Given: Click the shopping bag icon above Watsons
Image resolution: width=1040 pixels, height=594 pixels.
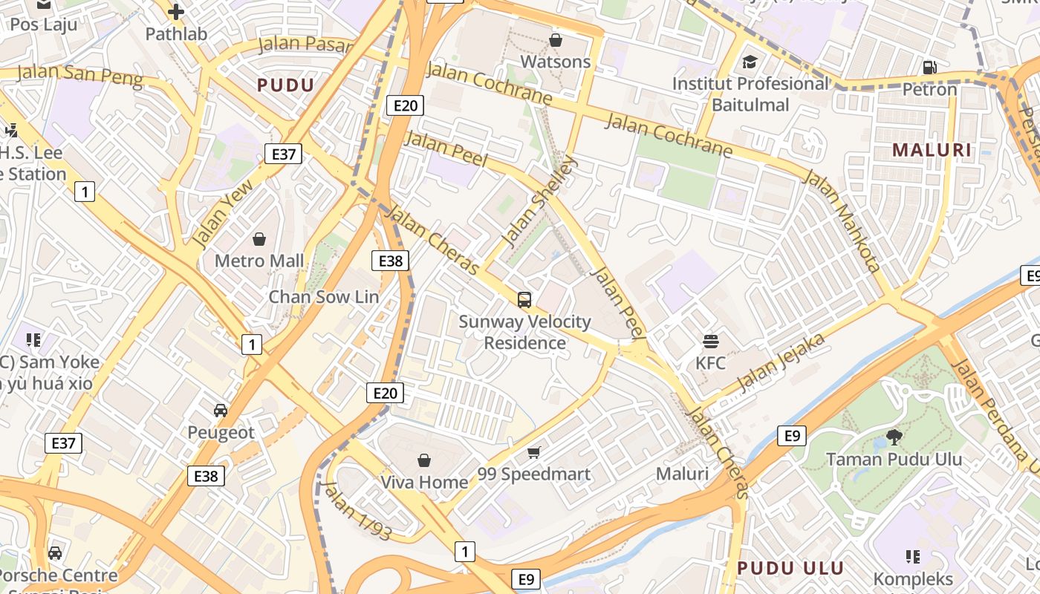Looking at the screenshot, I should (x=555, y=40).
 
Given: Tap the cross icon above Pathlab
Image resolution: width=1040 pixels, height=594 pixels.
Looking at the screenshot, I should (x=176, y=12).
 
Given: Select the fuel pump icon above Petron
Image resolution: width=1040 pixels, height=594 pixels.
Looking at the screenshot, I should (x=929, y=68).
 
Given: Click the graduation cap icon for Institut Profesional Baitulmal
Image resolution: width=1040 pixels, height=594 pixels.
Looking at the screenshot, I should (x=750, y=62).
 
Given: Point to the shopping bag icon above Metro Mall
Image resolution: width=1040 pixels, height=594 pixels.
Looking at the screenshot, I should (x=259, y=239).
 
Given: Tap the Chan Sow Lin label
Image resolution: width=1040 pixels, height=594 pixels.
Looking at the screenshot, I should (x=324, y=297).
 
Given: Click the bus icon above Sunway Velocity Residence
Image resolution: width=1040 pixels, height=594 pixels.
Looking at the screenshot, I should (x=524, y=300).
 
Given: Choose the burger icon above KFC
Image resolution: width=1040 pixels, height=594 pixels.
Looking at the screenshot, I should (x=711, y=342).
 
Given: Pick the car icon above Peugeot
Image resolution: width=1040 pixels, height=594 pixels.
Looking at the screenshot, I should (x=221, y=411).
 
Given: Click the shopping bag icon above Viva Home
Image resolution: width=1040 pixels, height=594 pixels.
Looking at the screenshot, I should (x=424, y=460).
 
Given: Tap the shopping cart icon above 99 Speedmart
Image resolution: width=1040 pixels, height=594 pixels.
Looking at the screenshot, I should (x=533, y=452).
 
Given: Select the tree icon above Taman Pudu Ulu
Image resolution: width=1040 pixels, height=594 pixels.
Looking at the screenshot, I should (x=894, y=437).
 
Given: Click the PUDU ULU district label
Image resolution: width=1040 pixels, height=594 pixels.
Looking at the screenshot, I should (x=790, y=569).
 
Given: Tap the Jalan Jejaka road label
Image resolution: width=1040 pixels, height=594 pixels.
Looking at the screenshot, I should (x=781, y=363).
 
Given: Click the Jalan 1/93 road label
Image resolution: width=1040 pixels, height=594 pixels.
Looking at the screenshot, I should (x=356, y=511).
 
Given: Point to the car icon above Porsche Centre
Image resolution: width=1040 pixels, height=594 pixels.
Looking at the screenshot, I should (x=55, y=553).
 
